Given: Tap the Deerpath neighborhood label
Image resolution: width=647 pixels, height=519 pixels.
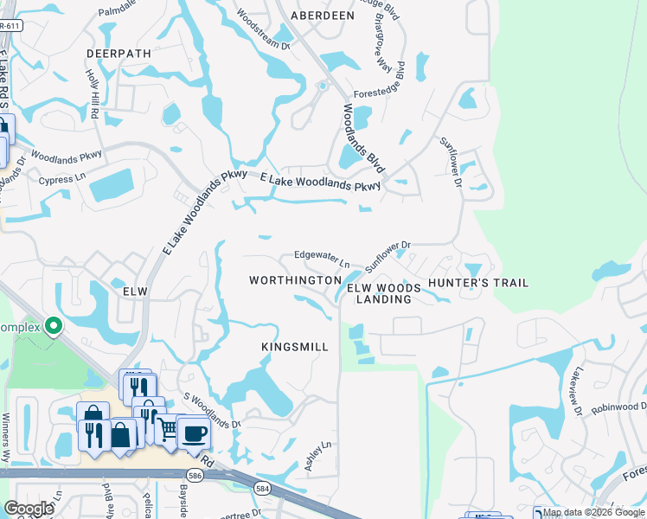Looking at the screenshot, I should pyautogui.click(x=119, y=53).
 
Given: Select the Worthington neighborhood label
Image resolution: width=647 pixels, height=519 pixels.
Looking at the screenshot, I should pyautogui.click(x=295, y=281).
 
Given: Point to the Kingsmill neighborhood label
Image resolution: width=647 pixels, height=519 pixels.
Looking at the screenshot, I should pyautogui.click(x=295, y=347).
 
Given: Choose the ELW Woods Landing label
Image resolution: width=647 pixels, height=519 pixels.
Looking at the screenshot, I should pyautogui.click(x=384, y=293).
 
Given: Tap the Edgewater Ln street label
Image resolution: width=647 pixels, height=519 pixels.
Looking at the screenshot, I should pyautogui.click(x=322, y=257).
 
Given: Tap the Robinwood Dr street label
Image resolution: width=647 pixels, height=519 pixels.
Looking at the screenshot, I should pyautogui.click(x=618, y=407).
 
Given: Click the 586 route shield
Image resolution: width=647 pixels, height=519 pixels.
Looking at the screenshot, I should pyautogui.click(x=195, y=474).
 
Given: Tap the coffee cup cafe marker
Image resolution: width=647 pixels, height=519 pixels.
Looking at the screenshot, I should pyautogui.click(x=194, y=433).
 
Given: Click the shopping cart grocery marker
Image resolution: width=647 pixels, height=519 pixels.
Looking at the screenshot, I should pyautogui.click(x=166, y=429).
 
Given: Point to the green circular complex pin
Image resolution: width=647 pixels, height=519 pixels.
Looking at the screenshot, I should pyautogui.click(x=54, y=327).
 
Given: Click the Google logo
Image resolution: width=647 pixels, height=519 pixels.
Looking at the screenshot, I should pyautogui.click(x=29, y=508).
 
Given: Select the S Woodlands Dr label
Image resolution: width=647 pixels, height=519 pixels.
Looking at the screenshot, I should pyautogui.click(x=212, y=412).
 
